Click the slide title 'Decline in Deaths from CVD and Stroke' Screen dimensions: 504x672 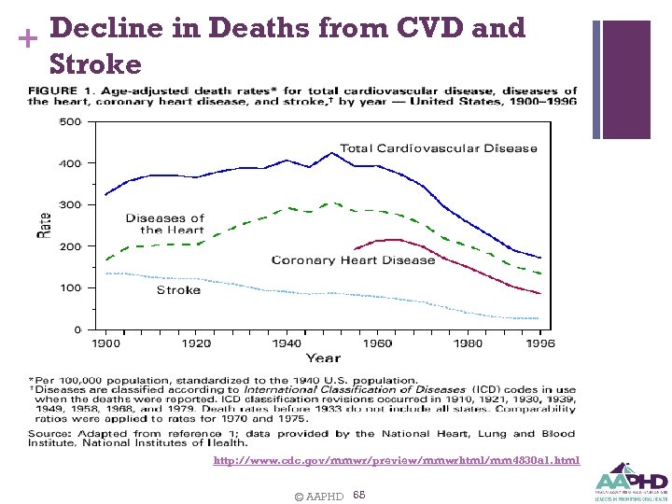(280, 46)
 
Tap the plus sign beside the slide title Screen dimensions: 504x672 (25, 38)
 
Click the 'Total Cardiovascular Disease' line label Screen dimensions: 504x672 (438, 148)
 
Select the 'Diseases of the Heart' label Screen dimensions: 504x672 (165, 224)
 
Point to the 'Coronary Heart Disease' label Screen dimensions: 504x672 (353, 260)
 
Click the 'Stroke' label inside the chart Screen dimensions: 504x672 (178, 290)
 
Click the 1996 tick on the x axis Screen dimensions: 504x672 (539, 343)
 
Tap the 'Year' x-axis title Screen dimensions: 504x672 (323, 357)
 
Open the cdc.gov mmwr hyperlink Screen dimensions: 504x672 (396, 460)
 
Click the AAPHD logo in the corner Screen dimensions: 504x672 (630, 480)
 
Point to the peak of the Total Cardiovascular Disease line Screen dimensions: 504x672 (332, 152)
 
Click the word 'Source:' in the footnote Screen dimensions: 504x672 (52, 433)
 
